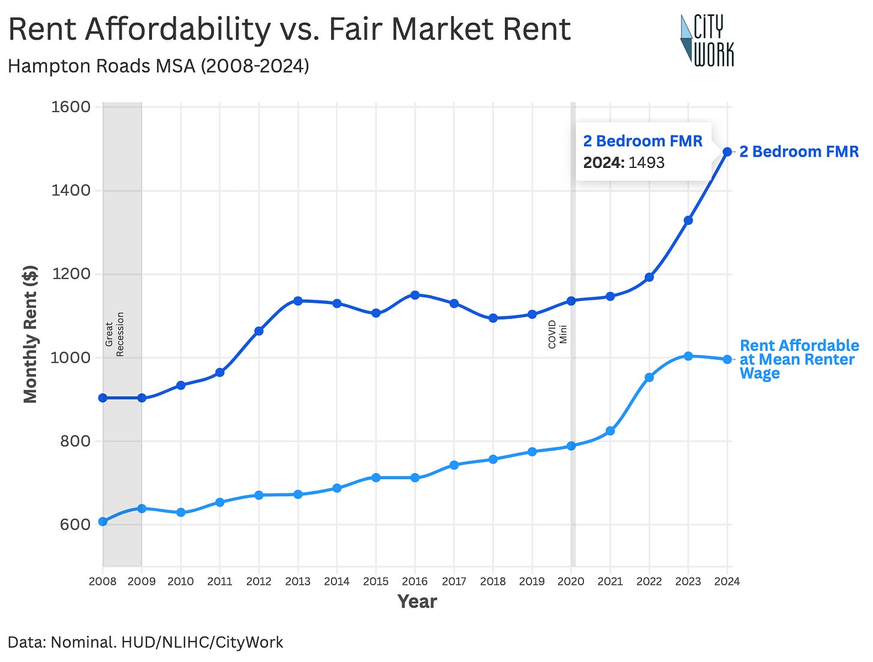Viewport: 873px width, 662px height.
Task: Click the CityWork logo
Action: coord(707,40)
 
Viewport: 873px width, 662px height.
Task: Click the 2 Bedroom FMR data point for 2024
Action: coord(727,152)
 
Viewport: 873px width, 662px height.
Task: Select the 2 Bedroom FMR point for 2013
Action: coord(298,300)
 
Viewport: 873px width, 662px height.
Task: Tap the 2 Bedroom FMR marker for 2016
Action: coord(415,295)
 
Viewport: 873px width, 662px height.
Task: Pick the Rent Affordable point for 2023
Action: coord(688,356)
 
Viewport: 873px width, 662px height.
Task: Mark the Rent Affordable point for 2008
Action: coord(103,521)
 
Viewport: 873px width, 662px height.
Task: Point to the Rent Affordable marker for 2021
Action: coord(610,431)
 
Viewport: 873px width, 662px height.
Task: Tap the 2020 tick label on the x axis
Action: coord(571,581)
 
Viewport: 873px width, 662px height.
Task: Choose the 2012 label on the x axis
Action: coord(258,581)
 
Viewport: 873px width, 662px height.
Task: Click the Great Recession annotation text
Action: coord(115,334)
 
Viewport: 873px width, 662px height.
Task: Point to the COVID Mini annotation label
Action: coord(557,334)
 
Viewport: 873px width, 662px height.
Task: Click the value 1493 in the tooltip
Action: coord(646,163)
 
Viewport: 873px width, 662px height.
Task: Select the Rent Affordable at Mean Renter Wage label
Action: coord(799,359)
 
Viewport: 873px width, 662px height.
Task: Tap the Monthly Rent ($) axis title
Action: coord(30,334)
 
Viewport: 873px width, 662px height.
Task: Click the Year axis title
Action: coord(417,601)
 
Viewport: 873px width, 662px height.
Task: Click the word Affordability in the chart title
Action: coord(177,29)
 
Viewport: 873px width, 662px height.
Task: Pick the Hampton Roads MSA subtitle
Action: coord(158,65)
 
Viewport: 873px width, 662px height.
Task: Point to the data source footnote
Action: coord(145,642)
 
